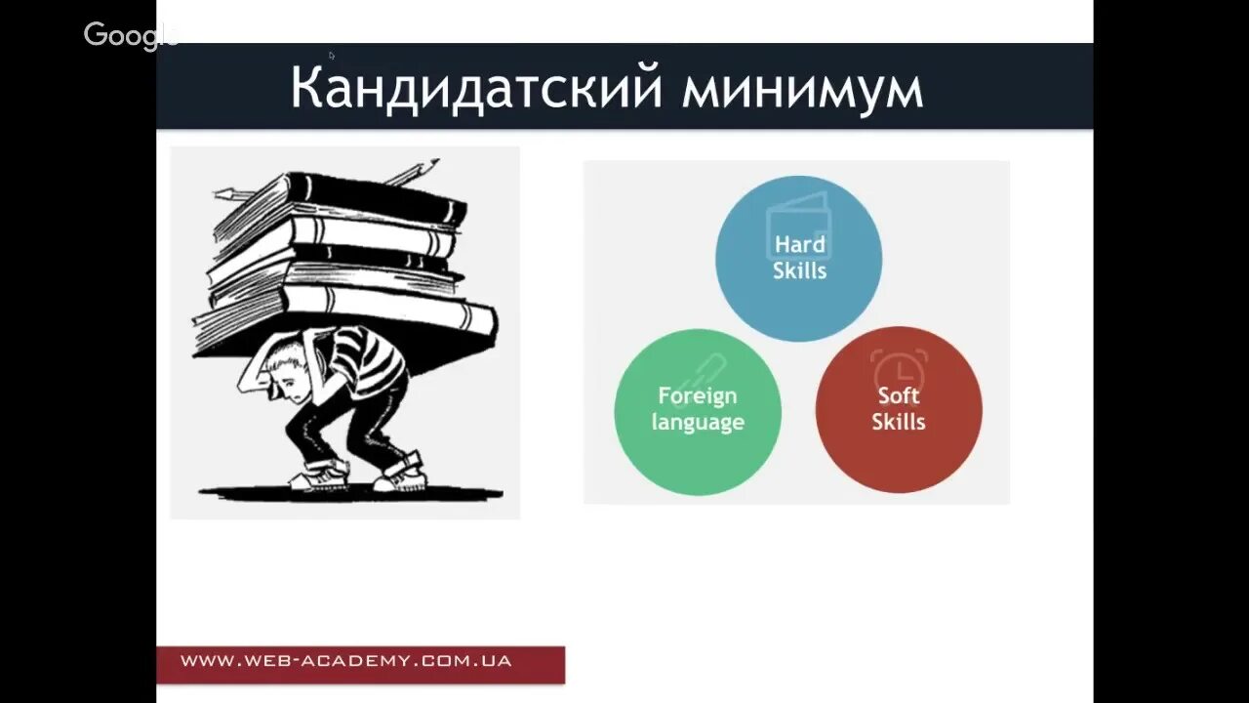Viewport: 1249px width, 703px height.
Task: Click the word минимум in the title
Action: coord(802,89)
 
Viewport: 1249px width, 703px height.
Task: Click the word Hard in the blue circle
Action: coord(799,244)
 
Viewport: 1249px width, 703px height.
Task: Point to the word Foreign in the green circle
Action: coord(697,395)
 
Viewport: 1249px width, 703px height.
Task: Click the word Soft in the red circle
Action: coord(899,395)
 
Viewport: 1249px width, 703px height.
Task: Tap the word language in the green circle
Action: coord(698,422)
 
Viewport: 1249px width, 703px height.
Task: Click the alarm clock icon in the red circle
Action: coord(899,369)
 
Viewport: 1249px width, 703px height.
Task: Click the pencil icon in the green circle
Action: coord(705,371)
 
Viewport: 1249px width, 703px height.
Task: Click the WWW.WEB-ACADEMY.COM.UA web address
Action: coord(346,661)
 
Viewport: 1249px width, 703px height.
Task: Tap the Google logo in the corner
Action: coord(129,35)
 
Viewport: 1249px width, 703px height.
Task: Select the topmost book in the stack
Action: coord(376,195)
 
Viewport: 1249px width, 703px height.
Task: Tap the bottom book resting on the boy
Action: coord(390,317)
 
